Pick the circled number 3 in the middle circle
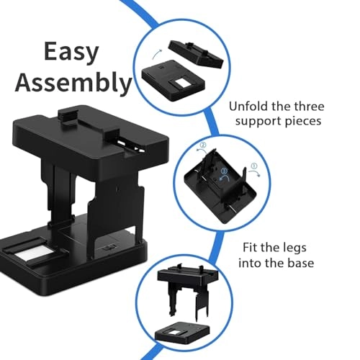225,170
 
